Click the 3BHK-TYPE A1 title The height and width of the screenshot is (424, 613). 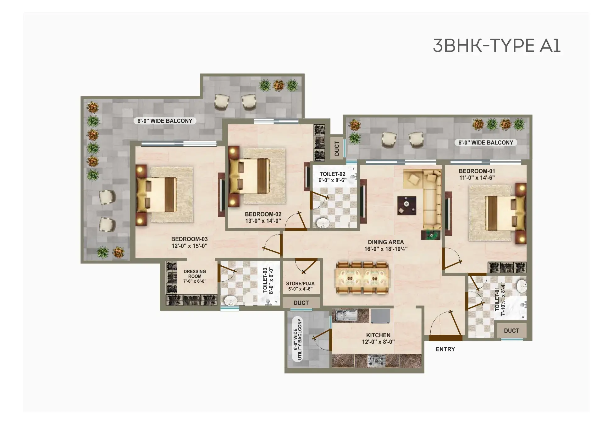tap(497, 46)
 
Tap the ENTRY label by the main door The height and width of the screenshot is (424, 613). tap(445, 349)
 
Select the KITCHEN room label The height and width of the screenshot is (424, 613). tap(378, 335)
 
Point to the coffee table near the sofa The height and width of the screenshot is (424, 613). tap(407, 205)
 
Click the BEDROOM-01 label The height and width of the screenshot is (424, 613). tap(477, 171)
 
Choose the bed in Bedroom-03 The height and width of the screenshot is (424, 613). tap(156, 195)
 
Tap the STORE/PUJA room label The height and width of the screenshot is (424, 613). tap(300, 284)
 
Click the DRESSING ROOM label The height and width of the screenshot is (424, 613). tap(195, 274)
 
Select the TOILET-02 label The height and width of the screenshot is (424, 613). tap(333, 174)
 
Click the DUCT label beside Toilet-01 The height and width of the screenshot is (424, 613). tap(511, 331)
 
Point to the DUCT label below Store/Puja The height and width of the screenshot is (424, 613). tap(301, 303)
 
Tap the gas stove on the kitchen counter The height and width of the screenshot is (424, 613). tap(377, 361)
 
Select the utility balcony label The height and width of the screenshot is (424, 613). tap(297, 340)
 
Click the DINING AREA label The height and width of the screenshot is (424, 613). tap(386, 242)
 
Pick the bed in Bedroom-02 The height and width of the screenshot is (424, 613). tap(249, 176)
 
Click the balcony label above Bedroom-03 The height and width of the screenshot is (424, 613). tap(165, 121)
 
